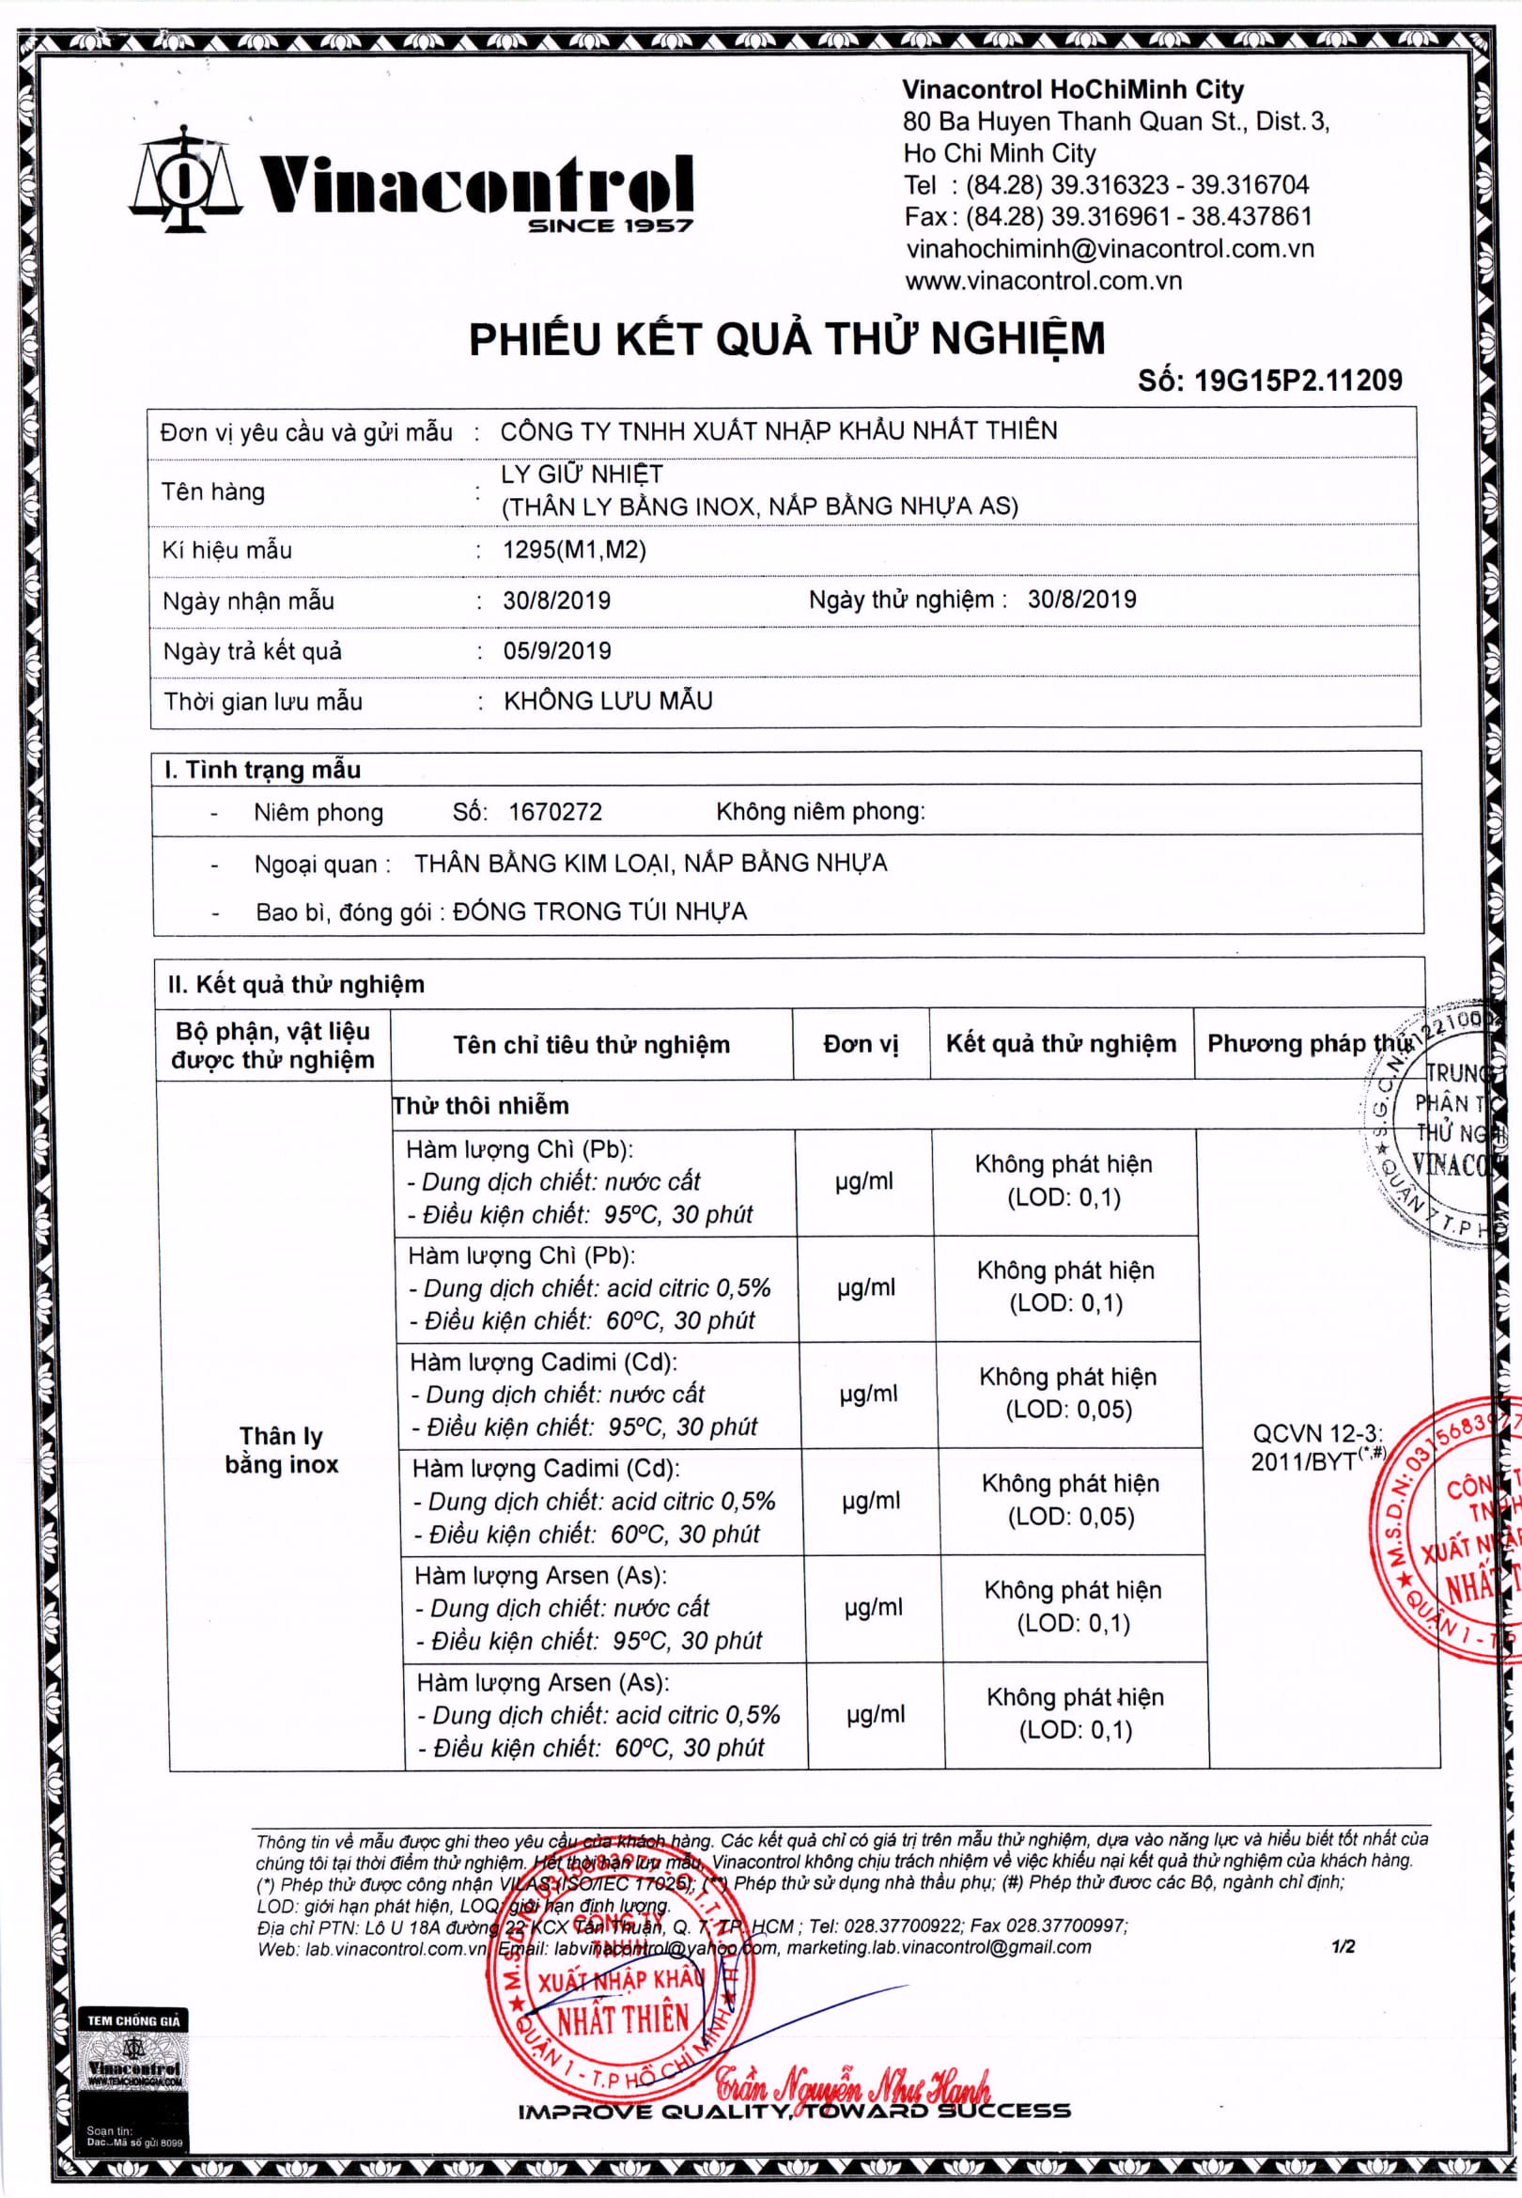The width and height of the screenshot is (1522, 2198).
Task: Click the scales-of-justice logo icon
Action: pos(185,180)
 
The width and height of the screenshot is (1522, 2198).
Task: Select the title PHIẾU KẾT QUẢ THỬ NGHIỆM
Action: pos(786,339)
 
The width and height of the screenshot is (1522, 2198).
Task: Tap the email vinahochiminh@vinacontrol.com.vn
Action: pos(1109,249)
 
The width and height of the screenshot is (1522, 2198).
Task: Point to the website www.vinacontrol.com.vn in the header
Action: pos(1043,281)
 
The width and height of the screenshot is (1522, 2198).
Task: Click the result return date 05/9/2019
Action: pos(557,651)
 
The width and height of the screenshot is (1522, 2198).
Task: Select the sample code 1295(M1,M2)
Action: pos(574,551)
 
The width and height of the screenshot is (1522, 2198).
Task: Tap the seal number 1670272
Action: pos(555,813)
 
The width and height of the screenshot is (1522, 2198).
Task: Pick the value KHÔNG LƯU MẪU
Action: pos(608,701)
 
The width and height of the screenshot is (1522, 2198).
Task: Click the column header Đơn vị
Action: pos(861,1044)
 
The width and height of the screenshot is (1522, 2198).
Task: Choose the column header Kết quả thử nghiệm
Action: pos(1061,1044)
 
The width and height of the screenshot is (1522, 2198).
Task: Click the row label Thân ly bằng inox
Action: pos(281,1450)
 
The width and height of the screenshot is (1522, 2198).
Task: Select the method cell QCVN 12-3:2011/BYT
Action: pos(1317,1447)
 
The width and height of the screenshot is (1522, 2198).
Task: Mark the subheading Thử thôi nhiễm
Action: pos(481,1106)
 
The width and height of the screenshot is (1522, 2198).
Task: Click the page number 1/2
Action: pos(1343,1947)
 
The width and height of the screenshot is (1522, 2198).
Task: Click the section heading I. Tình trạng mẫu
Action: pos(262,770)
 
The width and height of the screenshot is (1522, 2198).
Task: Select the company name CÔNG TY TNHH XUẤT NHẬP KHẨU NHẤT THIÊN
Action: pos(778,431)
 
